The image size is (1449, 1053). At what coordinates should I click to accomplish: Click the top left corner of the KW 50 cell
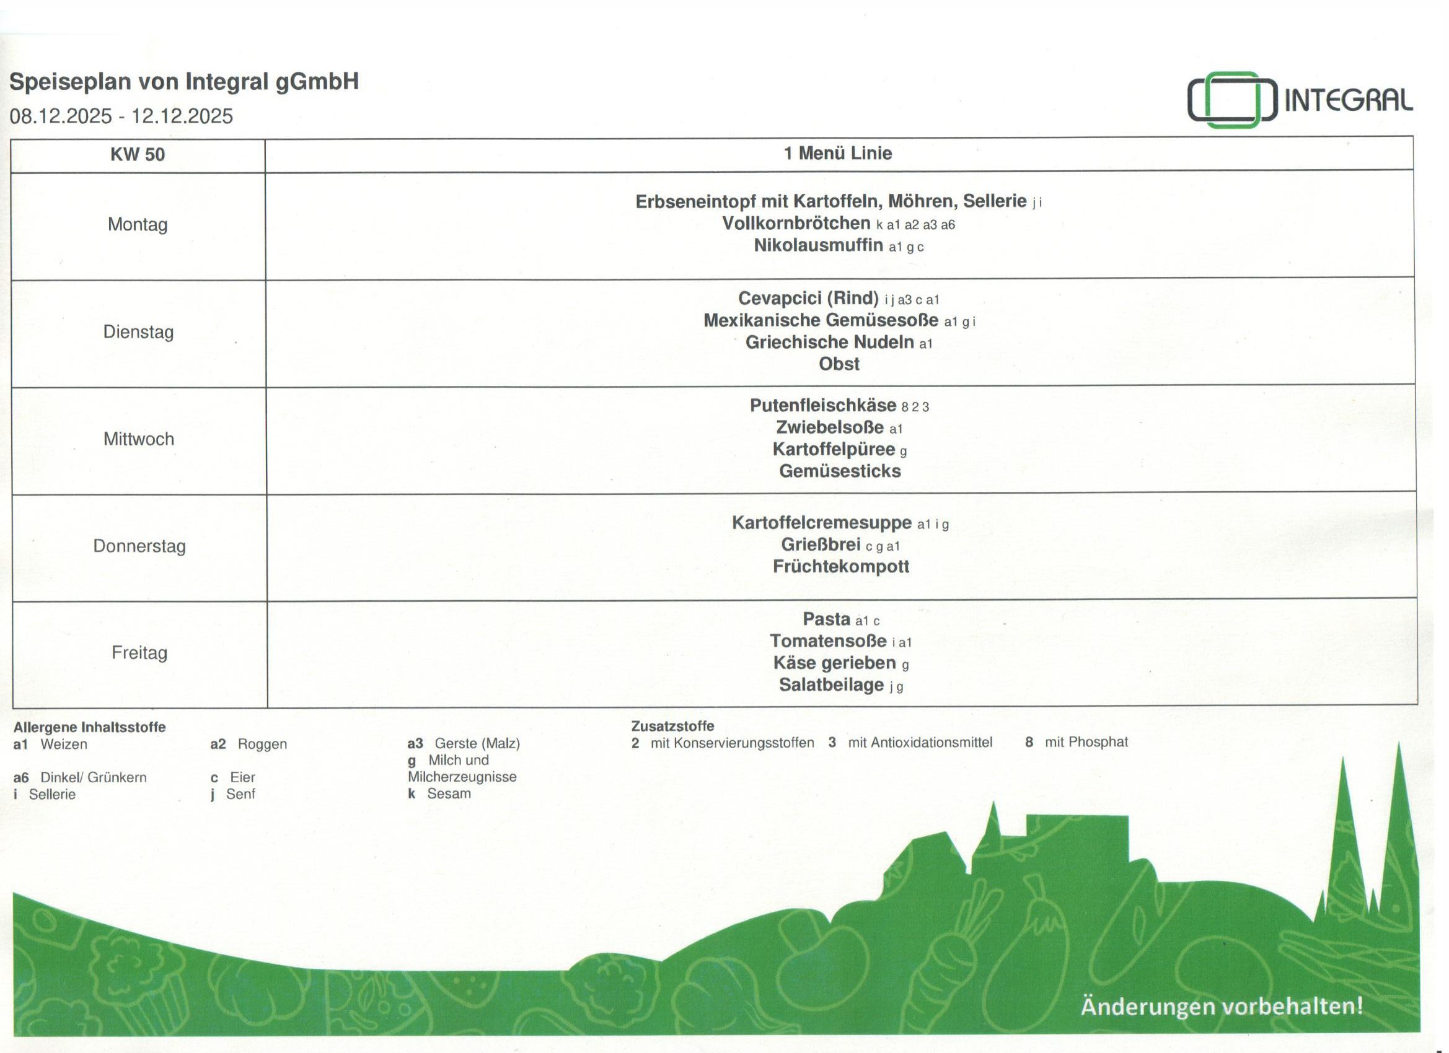pos(11,140)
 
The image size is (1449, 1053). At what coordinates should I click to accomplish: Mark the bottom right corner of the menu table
pos(1417,704)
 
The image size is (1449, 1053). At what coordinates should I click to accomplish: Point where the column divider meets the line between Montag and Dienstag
pos(265,280)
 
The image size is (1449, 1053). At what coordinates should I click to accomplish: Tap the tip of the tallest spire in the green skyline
pos(1399,743)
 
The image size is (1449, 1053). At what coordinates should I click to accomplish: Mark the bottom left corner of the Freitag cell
pos(13,707)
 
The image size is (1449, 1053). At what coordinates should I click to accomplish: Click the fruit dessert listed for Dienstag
pos(839,364)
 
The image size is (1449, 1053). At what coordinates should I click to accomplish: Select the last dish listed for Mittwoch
pos(840,471)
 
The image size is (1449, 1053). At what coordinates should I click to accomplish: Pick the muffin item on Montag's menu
pos(819,245)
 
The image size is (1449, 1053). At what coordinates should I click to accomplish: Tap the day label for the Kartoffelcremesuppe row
pos(139,546)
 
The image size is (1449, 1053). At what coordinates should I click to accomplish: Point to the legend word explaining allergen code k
pos(449,793)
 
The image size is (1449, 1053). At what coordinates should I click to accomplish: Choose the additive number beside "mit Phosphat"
pos(1029,742)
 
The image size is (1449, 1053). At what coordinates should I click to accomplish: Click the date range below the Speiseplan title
pos(121,116)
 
